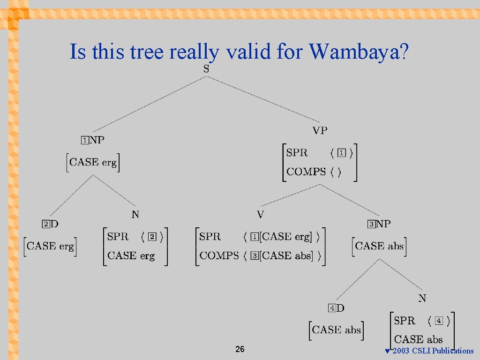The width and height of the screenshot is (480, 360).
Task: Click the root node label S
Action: coord(206,69)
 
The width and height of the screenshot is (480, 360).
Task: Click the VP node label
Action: coord(320,131)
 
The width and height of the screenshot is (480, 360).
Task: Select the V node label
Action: coord(261,215)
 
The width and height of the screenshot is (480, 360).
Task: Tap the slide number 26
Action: coord(240,349)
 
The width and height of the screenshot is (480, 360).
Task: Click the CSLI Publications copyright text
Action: coord(433,351)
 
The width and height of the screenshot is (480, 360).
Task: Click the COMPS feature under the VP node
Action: coord(306,172)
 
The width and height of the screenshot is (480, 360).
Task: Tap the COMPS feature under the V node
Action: coord(219,255)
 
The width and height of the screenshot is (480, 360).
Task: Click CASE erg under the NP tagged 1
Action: coord(93,162)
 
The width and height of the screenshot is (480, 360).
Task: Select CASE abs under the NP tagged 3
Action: coord(379,246)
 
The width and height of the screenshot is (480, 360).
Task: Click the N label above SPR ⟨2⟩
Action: coord(135,215)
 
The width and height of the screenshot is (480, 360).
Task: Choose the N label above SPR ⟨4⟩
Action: coord(422,298)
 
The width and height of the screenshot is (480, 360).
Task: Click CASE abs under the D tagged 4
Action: coord(337,330)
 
